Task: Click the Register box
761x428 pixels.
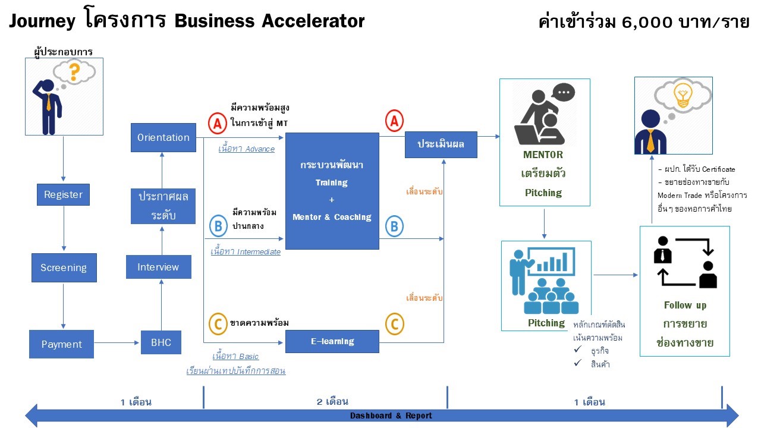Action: (63, 194)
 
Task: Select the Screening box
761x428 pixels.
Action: (64, 267)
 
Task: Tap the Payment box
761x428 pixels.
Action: (61, 344)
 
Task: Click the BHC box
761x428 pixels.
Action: (161, 342)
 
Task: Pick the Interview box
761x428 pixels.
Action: (158, 267)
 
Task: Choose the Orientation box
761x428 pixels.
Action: (163, 137)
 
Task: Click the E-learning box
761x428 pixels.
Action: (332, 341)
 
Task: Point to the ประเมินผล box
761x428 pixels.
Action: (441, 144)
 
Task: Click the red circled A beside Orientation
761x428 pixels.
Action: (217, 124)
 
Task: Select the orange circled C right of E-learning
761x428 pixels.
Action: (394, 324)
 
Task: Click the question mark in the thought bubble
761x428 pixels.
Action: (74, 73)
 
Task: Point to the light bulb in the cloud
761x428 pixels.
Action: (682, 95)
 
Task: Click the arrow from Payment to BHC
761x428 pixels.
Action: (117, 342)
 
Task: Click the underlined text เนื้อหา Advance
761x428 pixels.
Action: (246, 149)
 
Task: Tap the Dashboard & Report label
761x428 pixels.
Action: (391, 416)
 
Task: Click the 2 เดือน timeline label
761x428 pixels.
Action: (332, 402)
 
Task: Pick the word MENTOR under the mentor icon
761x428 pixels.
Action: (543, 155)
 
